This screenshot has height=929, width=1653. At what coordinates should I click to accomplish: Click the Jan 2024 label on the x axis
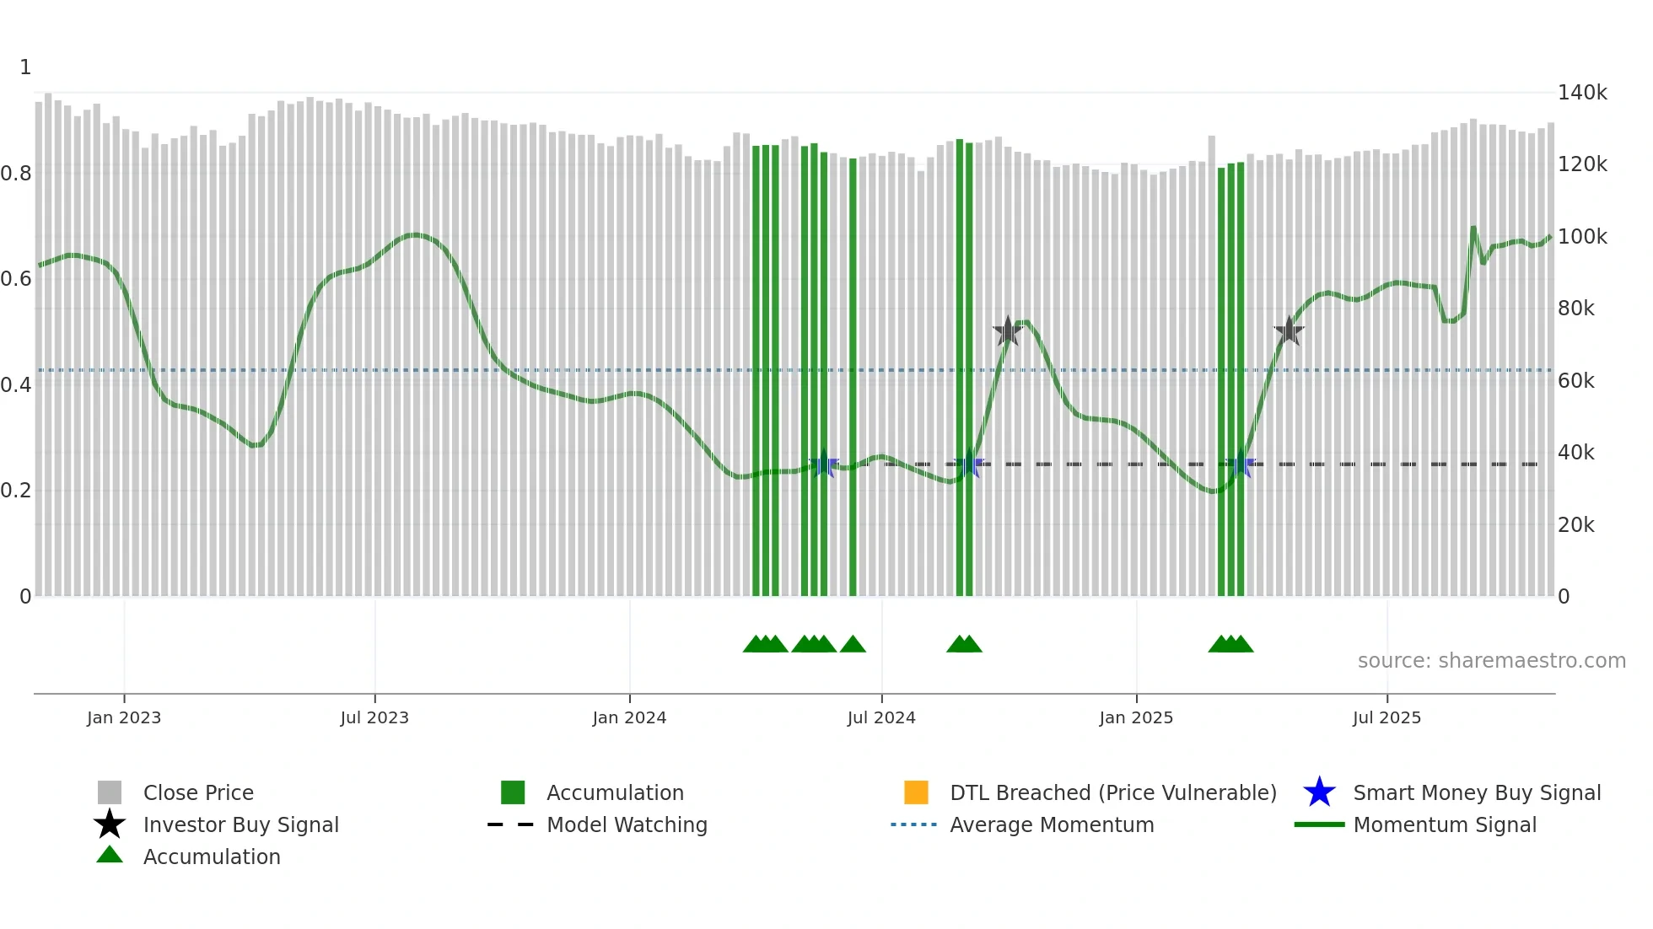(x=629, y=717)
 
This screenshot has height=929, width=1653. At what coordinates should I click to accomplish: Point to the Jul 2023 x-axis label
(x=374, y=717)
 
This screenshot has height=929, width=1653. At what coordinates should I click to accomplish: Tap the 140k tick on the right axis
(x=1581, y=93)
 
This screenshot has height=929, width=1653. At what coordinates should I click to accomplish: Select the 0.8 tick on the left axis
(x=16, y=174)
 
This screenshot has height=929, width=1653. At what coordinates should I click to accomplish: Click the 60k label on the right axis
(x=1575, y=381)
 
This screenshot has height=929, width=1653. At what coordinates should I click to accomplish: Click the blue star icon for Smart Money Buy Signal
(x=1319, y=792)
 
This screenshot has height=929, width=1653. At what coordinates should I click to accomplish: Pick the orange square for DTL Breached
(x=916, y=792)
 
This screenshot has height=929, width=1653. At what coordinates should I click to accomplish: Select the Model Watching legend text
(x=627, y=824)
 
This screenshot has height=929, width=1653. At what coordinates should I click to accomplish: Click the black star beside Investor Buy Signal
(x=110, y=824)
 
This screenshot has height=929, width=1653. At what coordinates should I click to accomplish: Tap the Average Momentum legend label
(x=1052, y=824)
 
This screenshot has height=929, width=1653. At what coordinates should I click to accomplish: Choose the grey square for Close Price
(x=110, y=792)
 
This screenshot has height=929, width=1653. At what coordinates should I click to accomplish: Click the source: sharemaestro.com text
(x=1491, y=661)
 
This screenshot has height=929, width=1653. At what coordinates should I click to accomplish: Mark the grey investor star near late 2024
(x=1007, y=331)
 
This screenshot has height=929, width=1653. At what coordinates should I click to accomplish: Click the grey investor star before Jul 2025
(x=1289, y=331)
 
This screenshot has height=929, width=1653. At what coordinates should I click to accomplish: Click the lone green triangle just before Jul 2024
(x=853, y=645)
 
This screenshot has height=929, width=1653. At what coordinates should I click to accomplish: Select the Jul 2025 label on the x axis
(x=1386, y=717)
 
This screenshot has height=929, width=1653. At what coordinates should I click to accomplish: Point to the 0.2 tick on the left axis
(x=16, y=491)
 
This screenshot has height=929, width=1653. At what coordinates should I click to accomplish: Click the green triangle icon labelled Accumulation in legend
(x=110, y=855)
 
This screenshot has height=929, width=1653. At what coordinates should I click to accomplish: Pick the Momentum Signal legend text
(x=1445, y=824)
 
